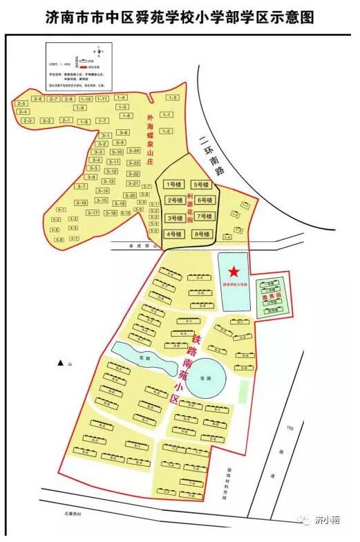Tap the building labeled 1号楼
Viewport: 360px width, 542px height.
(173, 185)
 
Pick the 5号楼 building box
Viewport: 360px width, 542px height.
(202, 185)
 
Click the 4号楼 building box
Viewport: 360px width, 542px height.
(173, 235)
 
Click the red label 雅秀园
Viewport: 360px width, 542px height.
(270, 297)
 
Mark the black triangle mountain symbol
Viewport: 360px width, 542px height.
(61, 363)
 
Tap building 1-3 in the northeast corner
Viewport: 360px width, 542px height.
(172, 98)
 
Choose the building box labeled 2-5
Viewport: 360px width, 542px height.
(21, 104)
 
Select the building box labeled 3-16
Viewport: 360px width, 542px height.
(81, 203)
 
